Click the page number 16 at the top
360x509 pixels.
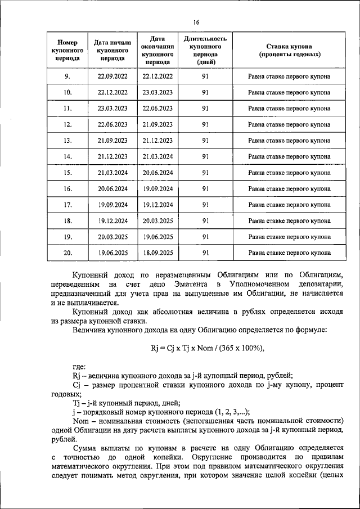click(x=196, y=22)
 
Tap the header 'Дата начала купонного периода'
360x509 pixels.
click(x=112, y=50)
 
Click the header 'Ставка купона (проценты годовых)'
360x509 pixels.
click(x=290, y=51)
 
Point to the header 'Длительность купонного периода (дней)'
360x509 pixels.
click(x=205, y=51)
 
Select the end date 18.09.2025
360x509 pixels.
click(x=158, y=253)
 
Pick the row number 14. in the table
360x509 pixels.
click(x=67, y=156)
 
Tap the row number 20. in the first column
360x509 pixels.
click(x=67, y=253)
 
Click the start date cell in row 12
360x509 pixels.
click(x=112, y=124)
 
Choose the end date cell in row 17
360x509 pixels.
click(x=158, y=205)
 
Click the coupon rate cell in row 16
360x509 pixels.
click(x=290, y=189)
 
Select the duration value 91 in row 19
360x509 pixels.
click(x=205, y=237)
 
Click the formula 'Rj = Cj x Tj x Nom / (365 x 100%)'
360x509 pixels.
click(x=208, y=348)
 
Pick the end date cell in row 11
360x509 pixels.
click(x=158, y=109)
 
